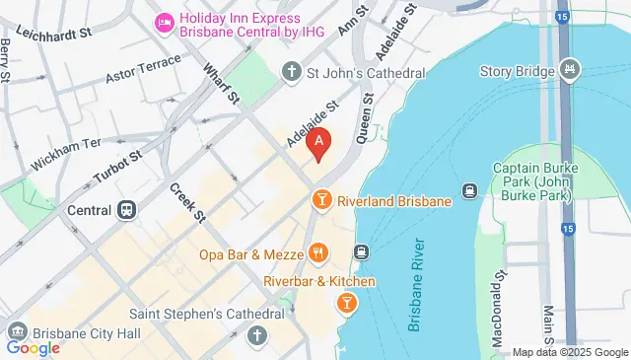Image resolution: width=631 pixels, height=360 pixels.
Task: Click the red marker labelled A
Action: click(x=318, y=145)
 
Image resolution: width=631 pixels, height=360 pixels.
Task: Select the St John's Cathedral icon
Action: click(x=291, y=71)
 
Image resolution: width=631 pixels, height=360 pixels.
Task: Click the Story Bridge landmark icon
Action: click(x=569, y=70)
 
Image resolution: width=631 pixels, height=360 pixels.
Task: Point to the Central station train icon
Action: click(x=126, y=210)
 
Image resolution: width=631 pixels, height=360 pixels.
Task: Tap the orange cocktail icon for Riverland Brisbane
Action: click(x=320, y=201)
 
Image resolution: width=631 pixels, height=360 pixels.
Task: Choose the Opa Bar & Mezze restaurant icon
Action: click(x=317, y=254)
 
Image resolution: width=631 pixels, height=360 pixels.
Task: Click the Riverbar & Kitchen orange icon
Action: click(x=346, y=305)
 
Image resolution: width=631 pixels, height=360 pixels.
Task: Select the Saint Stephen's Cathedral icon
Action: click(x=258, y=335)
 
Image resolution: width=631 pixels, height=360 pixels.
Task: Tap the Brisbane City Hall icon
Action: click(x=15, y=331)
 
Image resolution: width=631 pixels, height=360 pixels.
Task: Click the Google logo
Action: click(x=33, y=347)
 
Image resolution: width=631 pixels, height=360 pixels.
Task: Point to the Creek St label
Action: click(x=185, y=202)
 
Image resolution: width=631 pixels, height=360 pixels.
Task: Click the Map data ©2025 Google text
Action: click(x=570, y=352)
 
